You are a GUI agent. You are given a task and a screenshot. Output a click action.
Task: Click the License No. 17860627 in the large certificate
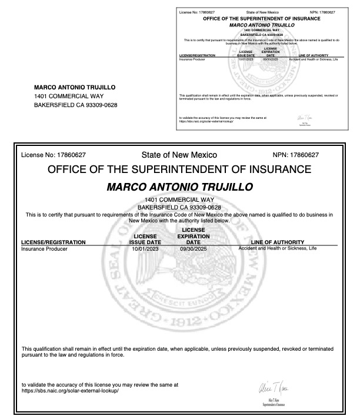pyautogui.click(x=54, y=155)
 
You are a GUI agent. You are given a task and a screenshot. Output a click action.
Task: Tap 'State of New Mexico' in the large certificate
pyautogui.click(x=179, y=155)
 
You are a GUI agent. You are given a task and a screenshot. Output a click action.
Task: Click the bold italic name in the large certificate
pyautogui.click(x=179, y=187)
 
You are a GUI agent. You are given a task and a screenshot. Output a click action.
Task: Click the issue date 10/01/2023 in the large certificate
pyautogui.click(x=145, y=249)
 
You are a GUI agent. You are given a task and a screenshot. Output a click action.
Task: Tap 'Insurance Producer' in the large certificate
pyautogui.click(x=44, y=249)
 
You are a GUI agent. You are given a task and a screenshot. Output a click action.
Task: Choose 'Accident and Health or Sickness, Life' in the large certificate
pyautogui.click(x=278, y=248)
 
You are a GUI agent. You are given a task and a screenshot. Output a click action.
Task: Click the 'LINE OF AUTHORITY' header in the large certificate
pyautogui.click(x=277, y=242)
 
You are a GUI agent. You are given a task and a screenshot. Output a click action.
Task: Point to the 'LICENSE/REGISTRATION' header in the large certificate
pyautogui.click(x=54, y=242)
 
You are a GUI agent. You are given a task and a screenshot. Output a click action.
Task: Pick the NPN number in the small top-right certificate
pyautogui.click(x=322, y=11)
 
